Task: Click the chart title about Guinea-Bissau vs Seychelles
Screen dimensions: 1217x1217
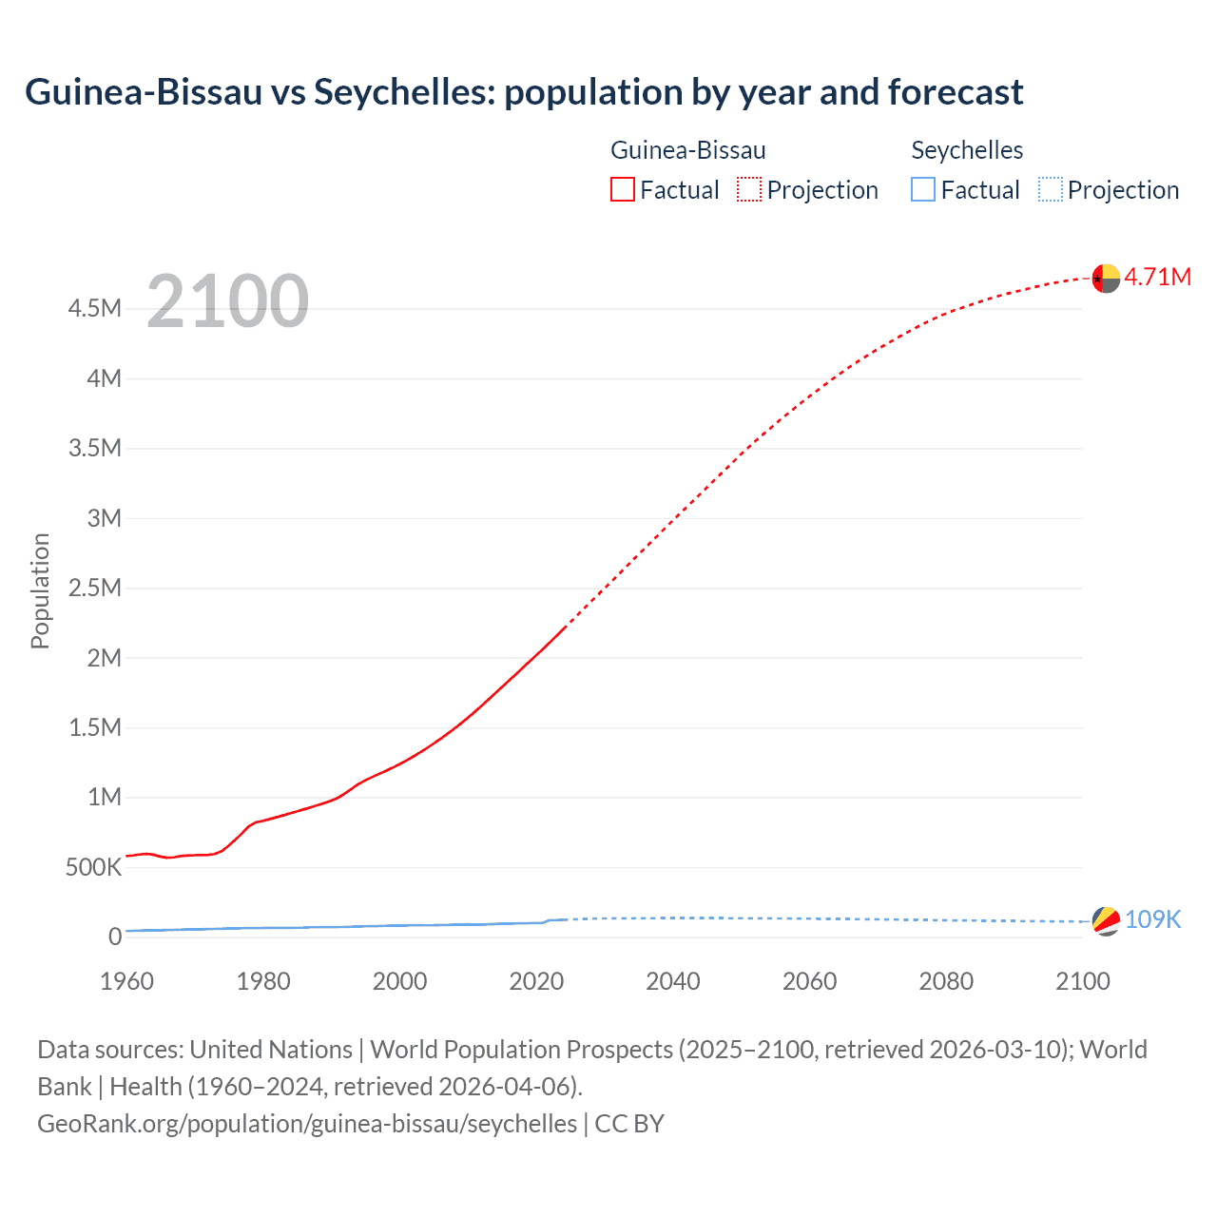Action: [524, 92]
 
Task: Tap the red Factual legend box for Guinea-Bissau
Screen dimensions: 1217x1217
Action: [622, 189]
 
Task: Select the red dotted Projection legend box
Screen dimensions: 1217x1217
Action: [749, 189]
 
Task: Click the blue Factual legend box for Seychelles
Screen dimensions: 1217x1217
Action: [923, 189]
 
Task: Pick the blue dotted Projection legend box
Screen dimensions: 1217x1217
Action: [1050, 189]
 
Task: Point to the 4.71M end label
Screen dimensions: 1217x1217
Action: [1157, 277]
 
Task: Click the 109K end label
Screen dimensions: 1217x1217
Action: [1152, 919]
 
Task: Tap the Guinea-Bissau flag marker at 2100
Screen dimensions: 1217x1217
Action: [1106, 279]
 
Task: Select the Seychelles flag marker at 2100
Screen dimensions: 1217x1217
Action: [1106, 920]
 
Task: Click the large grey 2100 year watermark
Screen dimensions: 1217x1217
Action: [227, 301]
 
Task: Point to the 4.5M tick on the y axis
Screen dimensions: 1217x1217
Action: [94, 308]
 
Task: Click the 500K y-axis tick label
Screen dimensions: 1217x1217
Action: [93, 867]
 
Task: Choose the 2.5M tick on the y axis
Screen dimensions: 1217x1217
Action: [94, 588]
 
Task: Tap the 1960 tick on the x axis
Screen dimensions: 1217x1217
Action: [126, 981]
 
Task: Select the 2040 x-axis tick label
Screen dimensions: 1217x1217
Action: [673, 981]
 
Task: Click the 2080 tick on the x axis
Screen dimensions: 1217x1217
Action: [946, 981]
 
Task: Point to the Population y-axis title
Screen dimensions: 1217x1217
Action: [40, 590]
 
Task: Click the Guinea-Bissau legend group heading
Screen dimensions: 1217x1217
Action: [687, 150]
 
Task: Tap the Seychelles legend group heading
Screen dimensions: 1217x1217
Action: [967, 150]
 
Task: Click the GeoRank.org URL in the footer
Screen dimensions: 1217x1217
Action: [307, 1124]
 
